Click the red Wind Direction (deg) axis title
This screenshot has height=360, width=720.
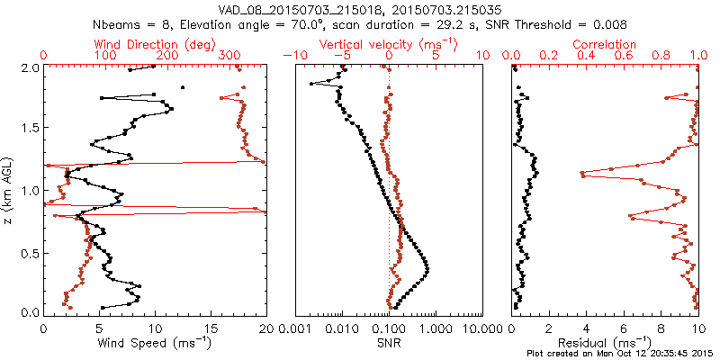click(x=116, y=44)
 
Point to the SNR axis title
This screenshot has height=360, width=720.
click(x=389, y=342)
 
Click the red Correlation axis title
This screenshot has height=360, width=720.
click(x=605, y=44)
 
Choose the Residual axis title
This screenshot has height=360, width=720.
click(x=605, y=342)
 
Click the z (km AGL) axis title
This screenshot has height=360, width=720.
click(x=9, y=190)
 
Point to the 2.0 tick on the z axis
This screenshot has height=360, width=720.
click(x=27, y=67)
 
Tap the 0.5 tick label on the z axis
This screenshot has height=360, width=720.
click(x=27, y=251)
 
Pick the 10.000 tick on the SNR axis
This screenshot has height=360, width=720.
click(x=483, y=328)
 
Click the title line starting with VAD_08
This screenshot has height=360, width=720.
click(x=360, y=9)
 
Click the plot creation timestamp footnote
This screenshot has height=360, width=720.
click(x=621, y=353)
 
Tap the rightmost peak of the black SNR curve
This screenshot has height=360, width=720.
click(x=427, y=269)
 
